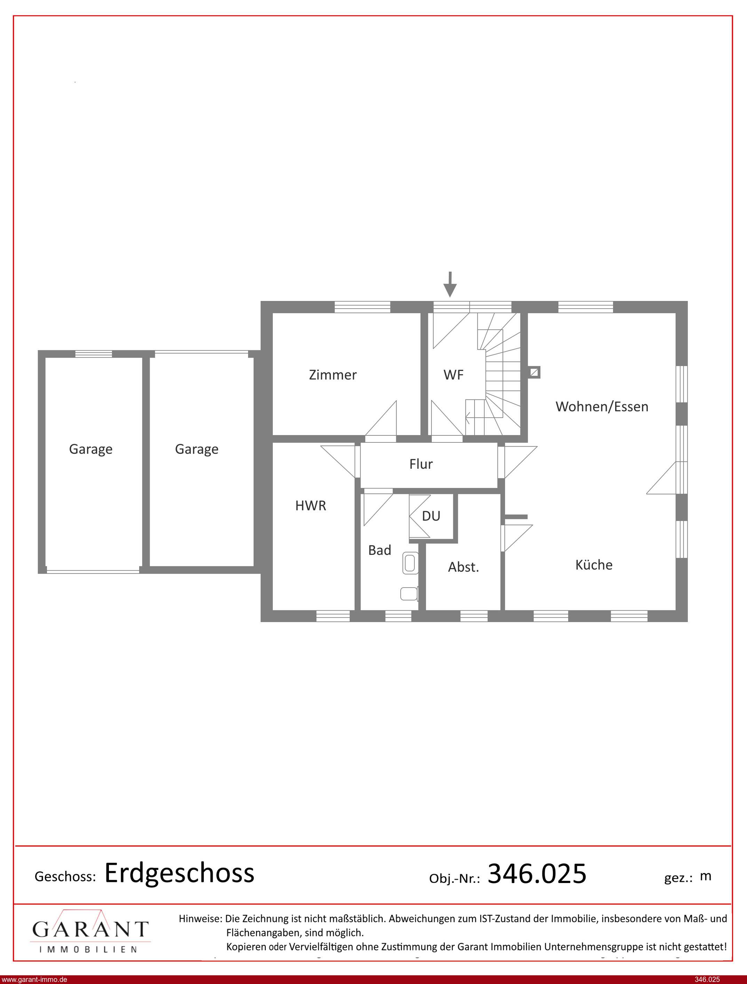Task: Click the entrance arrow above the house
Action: pos(450,284)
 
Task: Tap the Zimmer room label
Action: pos(333,375)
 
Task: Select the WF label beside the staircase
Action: pos(454,375)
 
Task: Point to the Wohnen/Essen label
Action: pos(602,406)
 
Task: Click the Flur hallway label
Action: pos(421,464)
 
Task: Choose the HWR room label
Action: pos(311,505)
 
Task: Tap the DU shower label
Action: pos(431,516)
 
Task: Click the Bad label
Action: pos(380,550)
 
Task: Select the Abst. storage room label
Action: pos(463,567)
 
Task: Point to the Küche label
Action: pos(594,565)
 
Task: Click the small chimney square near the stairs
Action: pos(534,372)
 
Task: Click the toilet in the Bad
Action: pos(409,594)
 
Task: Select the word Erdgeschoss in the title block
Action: pos(180,873)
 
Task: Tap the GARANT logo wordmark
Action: pos(90,929)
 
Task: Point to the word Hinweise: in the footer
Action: pos(200,919)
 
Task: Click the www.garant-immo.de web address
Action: pos(34,979)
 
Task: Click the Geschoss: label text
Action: pos(65,876)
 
